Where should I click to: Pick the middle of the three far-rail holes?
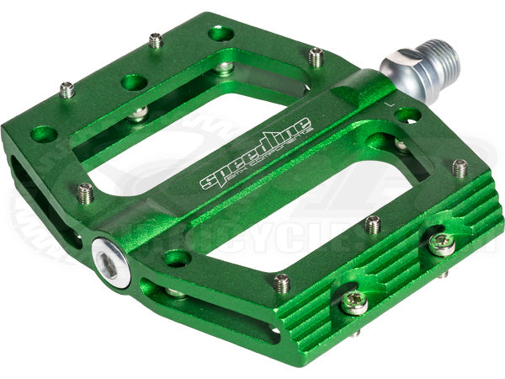tap(134, 82)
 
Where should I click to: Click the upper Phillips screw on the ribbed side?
tap(440, 244)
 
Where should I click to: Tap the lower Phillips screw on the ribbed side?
tap(353, 302)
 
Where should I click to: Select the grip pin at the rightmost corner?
tap(459, 168)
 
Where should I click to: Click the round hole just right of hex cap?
tap(176, 258)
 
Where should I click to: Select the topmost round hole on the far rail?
tap(221, 33)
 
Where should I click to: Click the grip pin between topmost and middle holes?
tap(156, 40)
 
